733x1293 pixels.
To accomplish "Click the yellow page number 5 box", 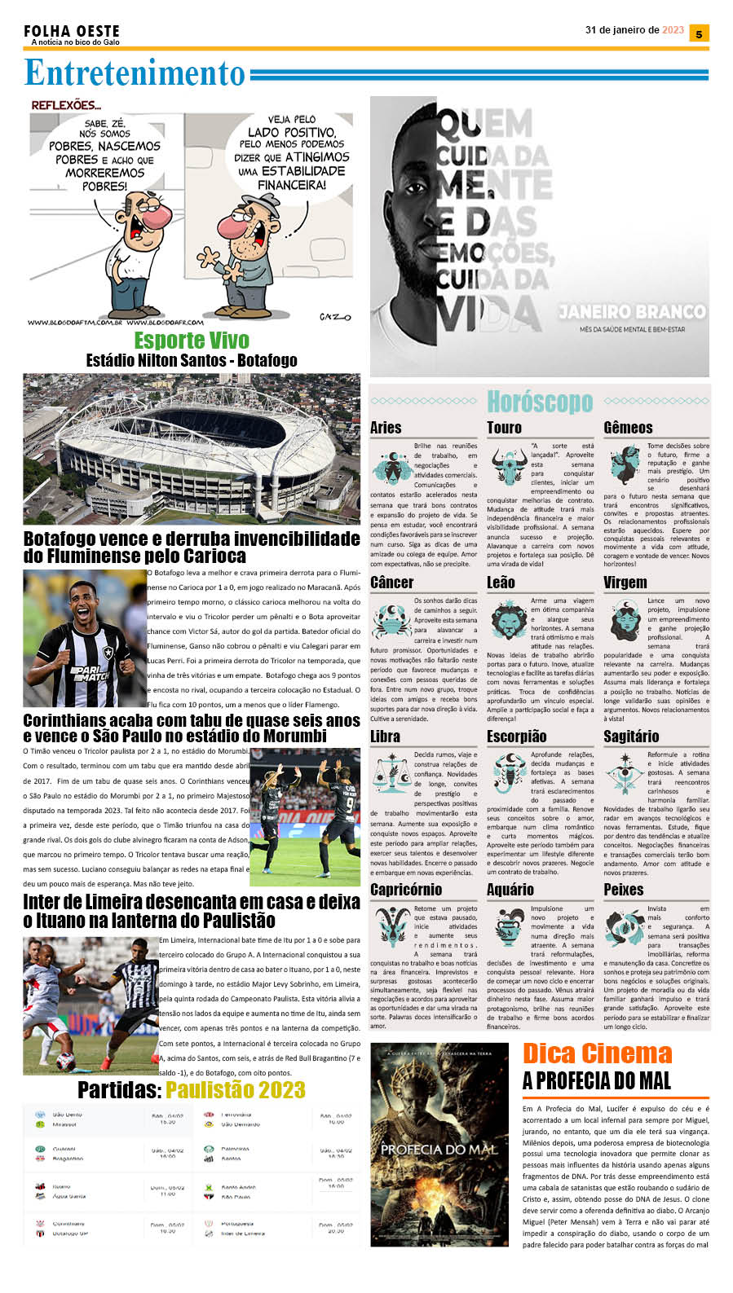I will (699, 33).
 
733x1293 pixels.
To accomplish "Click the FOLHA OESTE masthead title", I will (72, 31).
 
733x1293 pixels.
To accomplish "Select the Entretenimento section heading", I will (135, 73).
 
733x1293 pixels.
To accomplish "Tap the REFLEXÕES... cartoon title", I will (66, 105).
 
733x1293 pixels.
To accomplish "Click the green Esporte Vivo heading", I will (192, 341).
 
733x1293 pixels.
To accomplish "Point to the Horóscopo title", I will (540, 402).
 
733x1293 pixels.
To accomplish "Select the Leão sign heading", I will (501, 583).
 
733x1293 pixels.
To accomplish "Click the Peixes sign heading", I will (624, 890).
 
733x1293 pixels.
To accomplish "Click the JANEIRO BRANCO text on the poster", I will (632, 312).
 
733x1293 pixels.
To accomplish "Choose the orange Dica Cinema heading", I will (597, 1053).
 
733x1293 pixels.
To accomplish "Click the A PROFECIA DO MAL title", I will (597, 1081).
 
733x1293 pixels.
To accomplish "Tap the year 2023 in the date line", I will (673, 30).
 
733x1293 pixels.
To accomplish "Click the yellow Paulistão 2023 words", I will (236, 1090).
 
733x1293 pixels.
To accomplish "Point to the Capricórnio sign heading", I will (406, 890).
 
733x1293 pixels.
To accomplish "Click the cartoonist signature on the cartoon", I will (334, 316).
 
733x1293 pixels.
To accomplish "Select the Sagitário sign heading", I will (631, 737).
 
